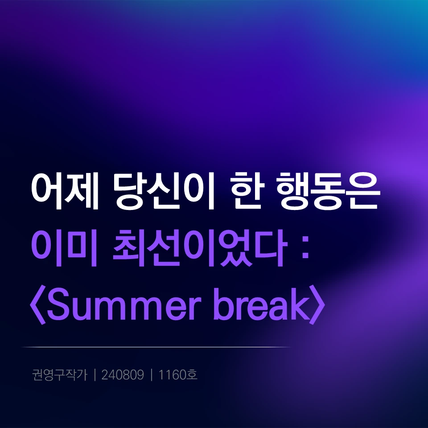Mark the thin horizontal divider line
coord(156,347)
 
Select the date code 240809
coord(123,375)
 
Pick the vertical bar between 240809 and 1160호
coord(152,375)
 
